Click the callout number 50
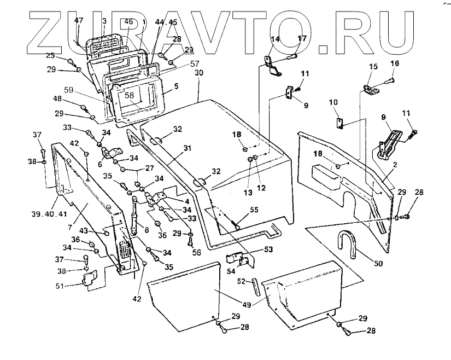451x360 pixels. coord(378,263)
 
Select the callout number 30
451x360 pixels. coord(199,73)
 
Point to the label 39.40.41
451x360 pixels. coord(50,214)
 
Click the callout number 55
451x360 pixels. coord(254,210)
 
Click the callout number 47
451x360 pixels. coord(79,20)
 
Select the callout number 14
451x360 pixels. coord(276,39)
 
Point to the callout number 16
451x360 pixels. coord(395,63)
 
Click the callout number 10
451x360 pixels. coord(333,102)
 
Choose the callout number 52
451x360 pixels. coord(242,281)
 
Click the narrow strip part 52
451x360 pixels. coord(256,286)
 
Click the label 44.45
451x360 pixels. coord(166,22)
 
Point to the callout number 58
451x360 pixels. coord(129,95)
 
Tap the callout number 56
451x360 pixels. coord(196,252)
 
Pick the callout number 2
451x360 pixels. coord(395,165)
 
